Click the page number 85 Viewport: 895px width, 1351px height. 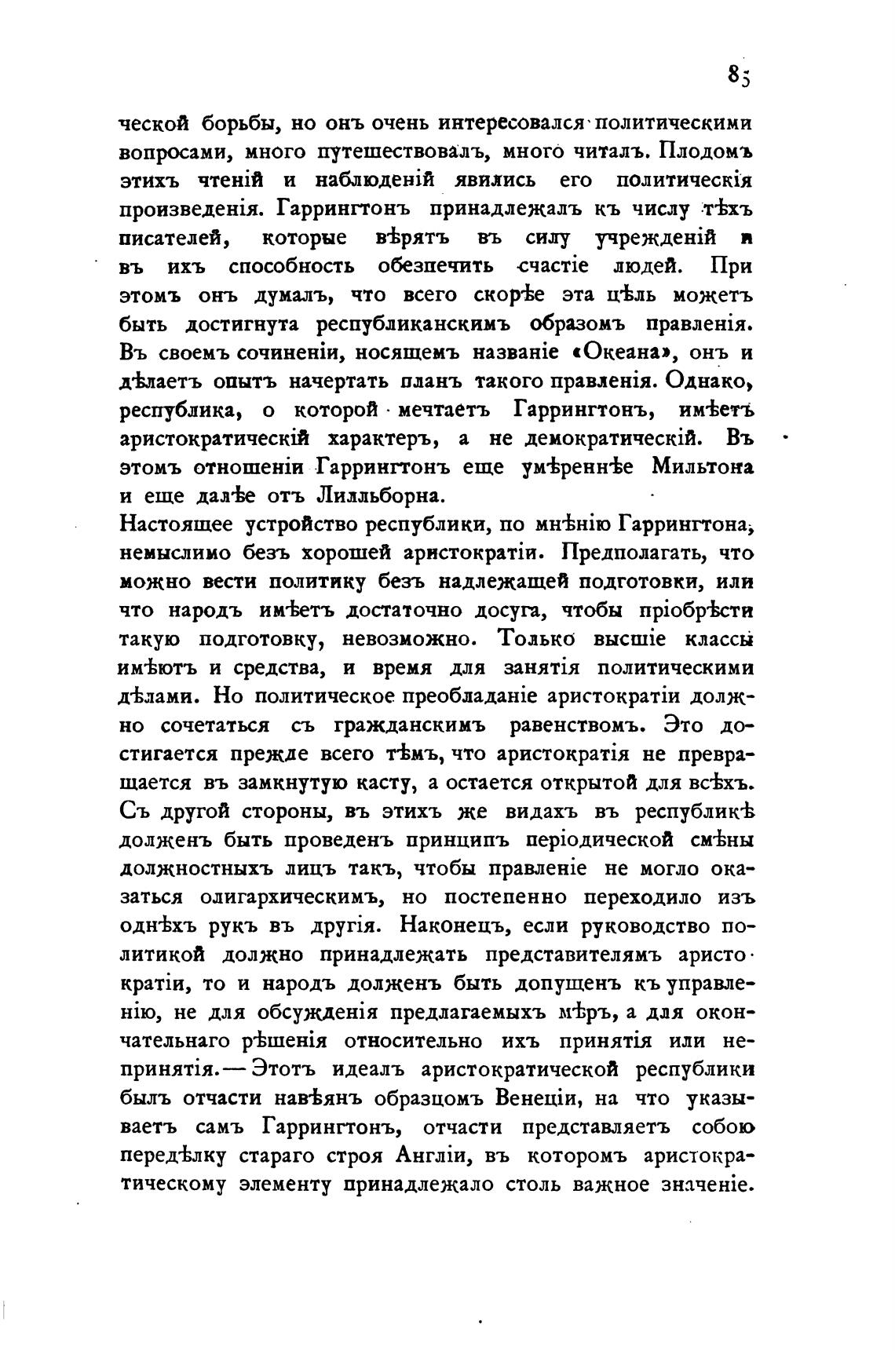(x=739, y=75)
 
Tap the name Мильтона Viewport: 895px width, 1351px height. (x=702, y=467)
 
